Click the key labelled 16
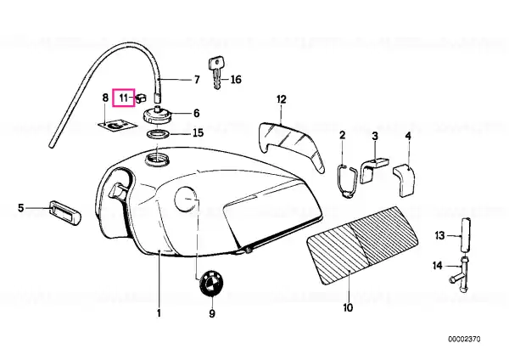(215, 73)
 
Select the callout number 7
(197, 80)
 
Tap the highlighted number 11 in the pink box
(123, 98)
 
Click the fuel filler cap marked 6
(157, 115)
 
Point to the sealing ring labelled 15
(157, 133)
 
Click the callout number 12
(282, 99)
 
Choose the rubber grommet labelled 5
(65, 212)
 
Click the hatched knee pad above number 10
(362, 245)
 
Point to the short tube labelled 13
(464, 234)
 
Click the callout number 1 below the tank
(159, 313)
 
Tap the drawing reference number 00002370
(464, 340)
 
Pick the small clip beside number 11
(141, 98)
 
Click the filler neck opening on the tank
(157, 160)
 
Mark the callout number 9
(211, 313)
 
